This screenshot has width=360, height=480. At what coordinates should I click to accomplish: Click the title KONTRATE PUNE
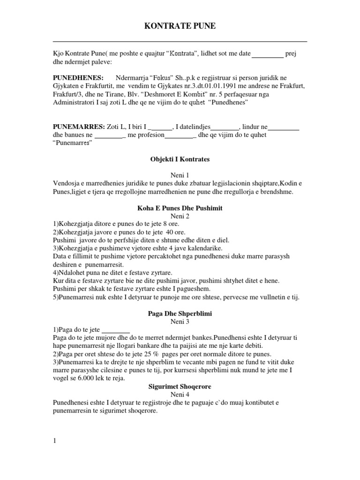pos(180,27)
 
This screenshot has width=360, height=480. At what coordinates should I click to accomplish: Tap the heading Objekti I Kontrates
pos(180,159)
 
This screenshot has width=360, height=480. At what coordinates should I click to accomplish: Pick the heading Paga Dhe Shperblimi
pos(180,314)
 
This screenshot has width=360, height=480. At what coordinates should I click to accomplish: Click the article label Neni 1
pos(180,174)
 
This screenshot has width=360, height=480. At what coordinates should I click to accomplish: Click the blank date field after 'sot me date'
pos(268,54)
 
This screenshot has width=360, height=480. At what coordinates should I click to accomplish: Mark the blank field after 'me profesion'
pos(180,135)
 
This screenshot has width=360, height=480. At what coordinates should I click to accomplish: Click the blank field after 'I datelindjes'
pos(225,127)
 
